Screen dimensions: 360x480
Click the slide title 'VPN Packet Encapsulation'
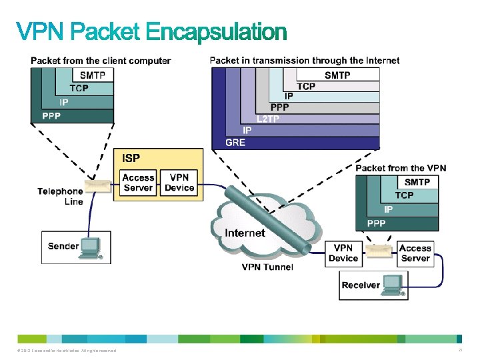tap(151, 31)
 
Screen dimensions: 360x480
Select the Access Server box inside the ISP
tap(138, 183)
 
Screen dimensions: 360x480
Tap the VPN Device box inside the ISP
tap(179, 183)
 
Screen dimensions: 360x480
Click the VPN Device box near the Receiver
tap(343, 253)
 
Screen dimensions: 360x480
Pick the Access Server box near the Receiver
tap(415, 253)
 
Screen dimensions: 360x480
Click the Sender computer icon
tap(89, 247)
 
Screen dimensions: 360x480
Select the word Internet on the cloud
tap(245, 233)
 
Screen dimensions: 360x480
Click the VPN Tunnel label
tap(267, 267)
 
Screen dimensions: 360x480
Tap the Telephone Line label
tap(61, 196)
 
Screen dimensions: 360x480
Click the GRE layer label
tap(235, 143)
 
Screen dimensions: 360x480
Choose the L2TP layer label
tap(268, 119)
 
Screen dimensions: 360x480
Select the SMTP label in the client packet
tap(93, 75)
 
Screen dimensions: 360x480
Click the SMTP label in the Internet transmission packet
tap(337, 75)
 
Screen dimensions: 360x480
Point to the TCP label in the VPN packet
tap(404, 195)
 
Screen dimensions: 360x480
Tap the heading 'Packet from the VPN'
tap(401, 168)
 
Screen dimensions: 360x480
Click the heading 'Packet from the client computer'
tap(101, 61)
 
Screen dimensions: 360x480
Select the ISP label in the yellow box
tap(131, 158)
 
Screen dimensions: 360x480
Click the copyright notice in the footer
tap(64, 351)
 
